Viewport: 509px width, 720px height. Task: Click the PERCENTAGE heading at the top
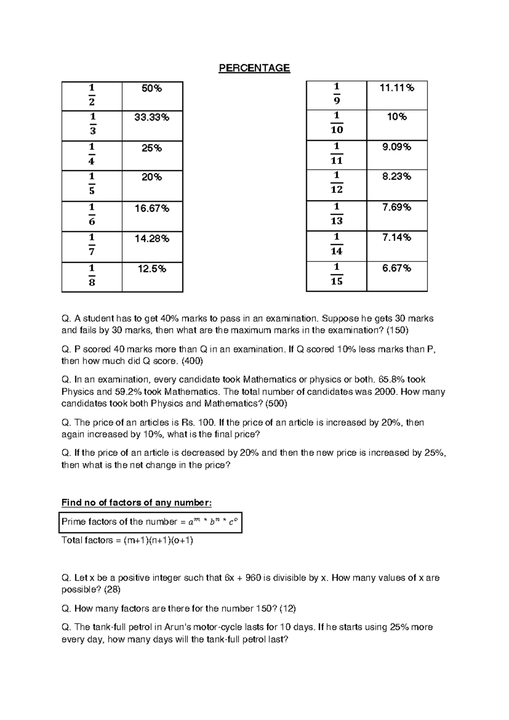254,68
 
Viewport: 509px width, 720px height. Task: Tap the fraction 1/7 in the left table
92,244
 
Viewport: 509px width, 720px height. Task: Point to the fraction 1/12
336,183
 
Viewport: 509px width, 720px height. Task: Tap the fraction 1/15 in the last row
336,274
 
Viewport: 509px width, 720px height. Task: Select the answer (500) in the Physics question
276,403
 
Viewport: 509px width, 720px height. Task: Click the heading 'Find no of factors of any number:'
136,503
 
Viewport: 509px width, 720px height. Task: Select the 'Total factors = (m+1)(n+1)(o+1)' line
127,540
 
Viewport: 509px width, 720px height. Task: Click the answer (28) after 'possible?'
108,590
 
